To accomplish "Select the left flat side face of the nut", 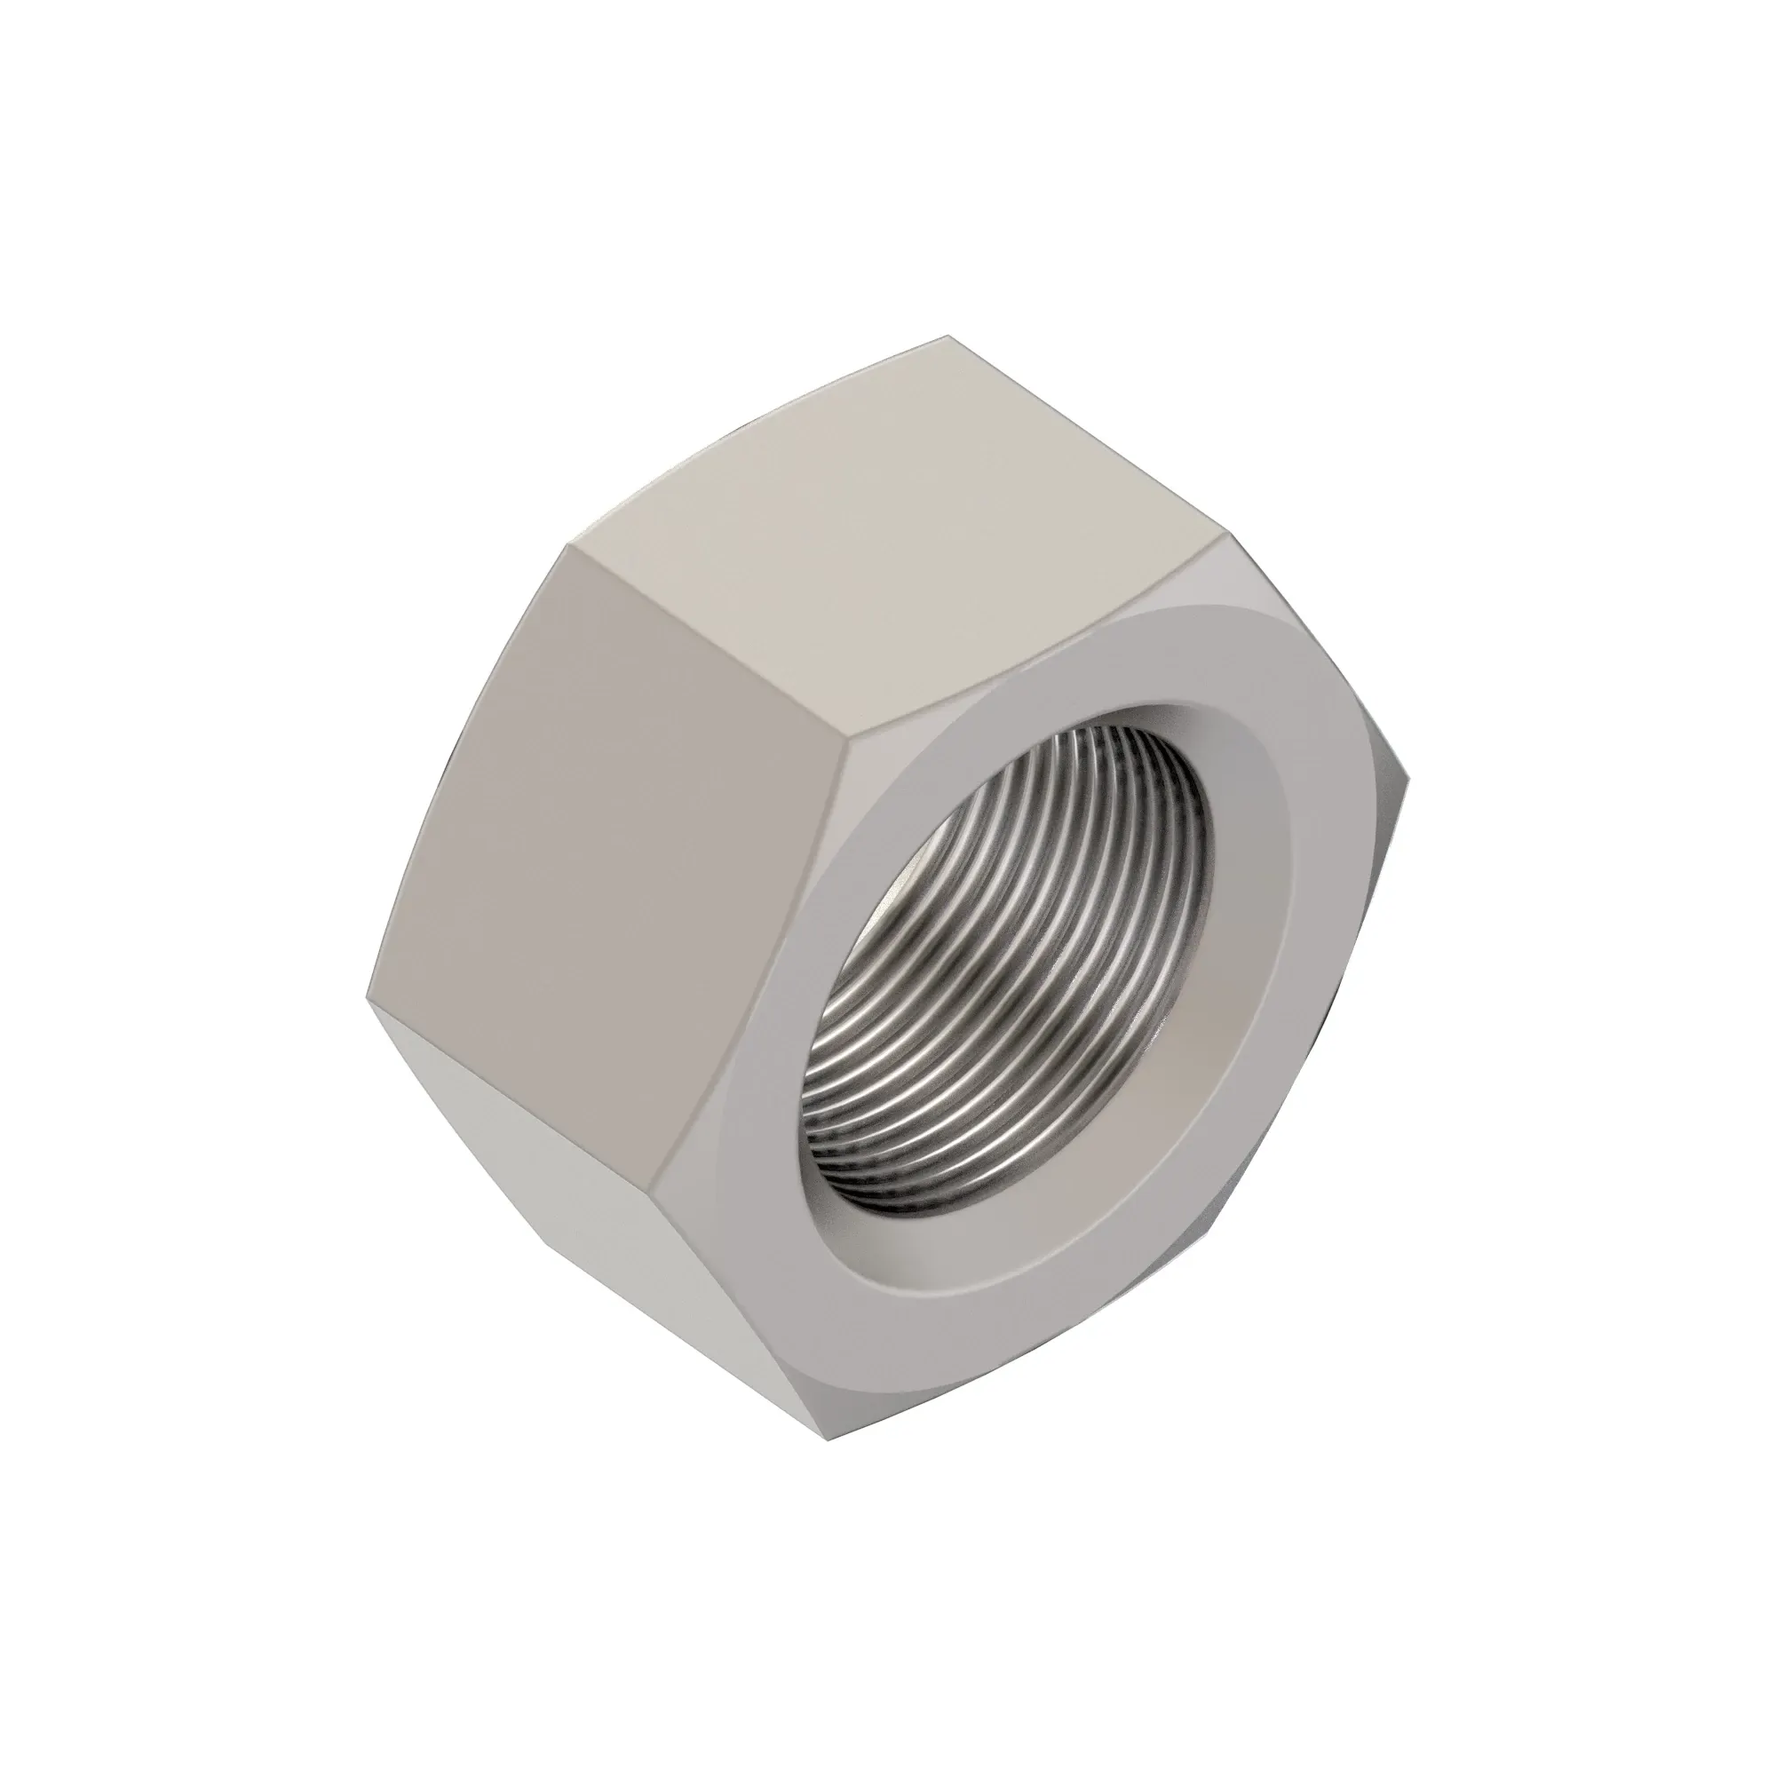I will click(607, 781).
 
